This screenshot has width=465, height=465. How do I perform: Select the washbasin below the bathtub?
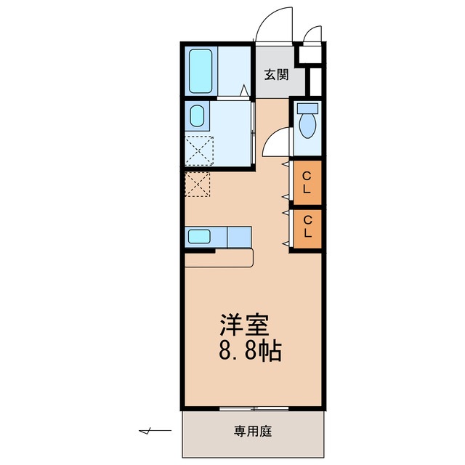coord(197,116)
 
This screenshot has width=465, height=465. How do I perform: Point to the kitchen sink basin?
coord(199,235)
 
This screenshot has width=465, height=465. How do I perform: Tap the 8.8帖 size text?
coord(249,352)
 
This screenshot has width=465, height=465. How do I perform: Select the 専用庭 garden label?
coord(252,432)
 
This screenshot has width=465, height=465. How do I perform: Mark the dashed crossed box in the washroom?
coord(198,150)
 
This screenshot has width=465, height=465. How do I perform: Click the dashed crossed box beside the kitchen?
coord(198,184)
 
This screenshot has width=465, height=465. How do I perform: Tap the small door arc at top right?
coord(313,35)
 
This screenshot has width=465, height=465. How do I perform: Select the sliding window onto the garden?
coord(254,408)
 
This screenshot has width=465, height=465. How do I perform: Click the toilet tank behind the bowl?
coord(308,109)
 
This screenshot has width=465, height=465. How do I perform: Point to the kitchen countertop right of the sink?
coord(238,235)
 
